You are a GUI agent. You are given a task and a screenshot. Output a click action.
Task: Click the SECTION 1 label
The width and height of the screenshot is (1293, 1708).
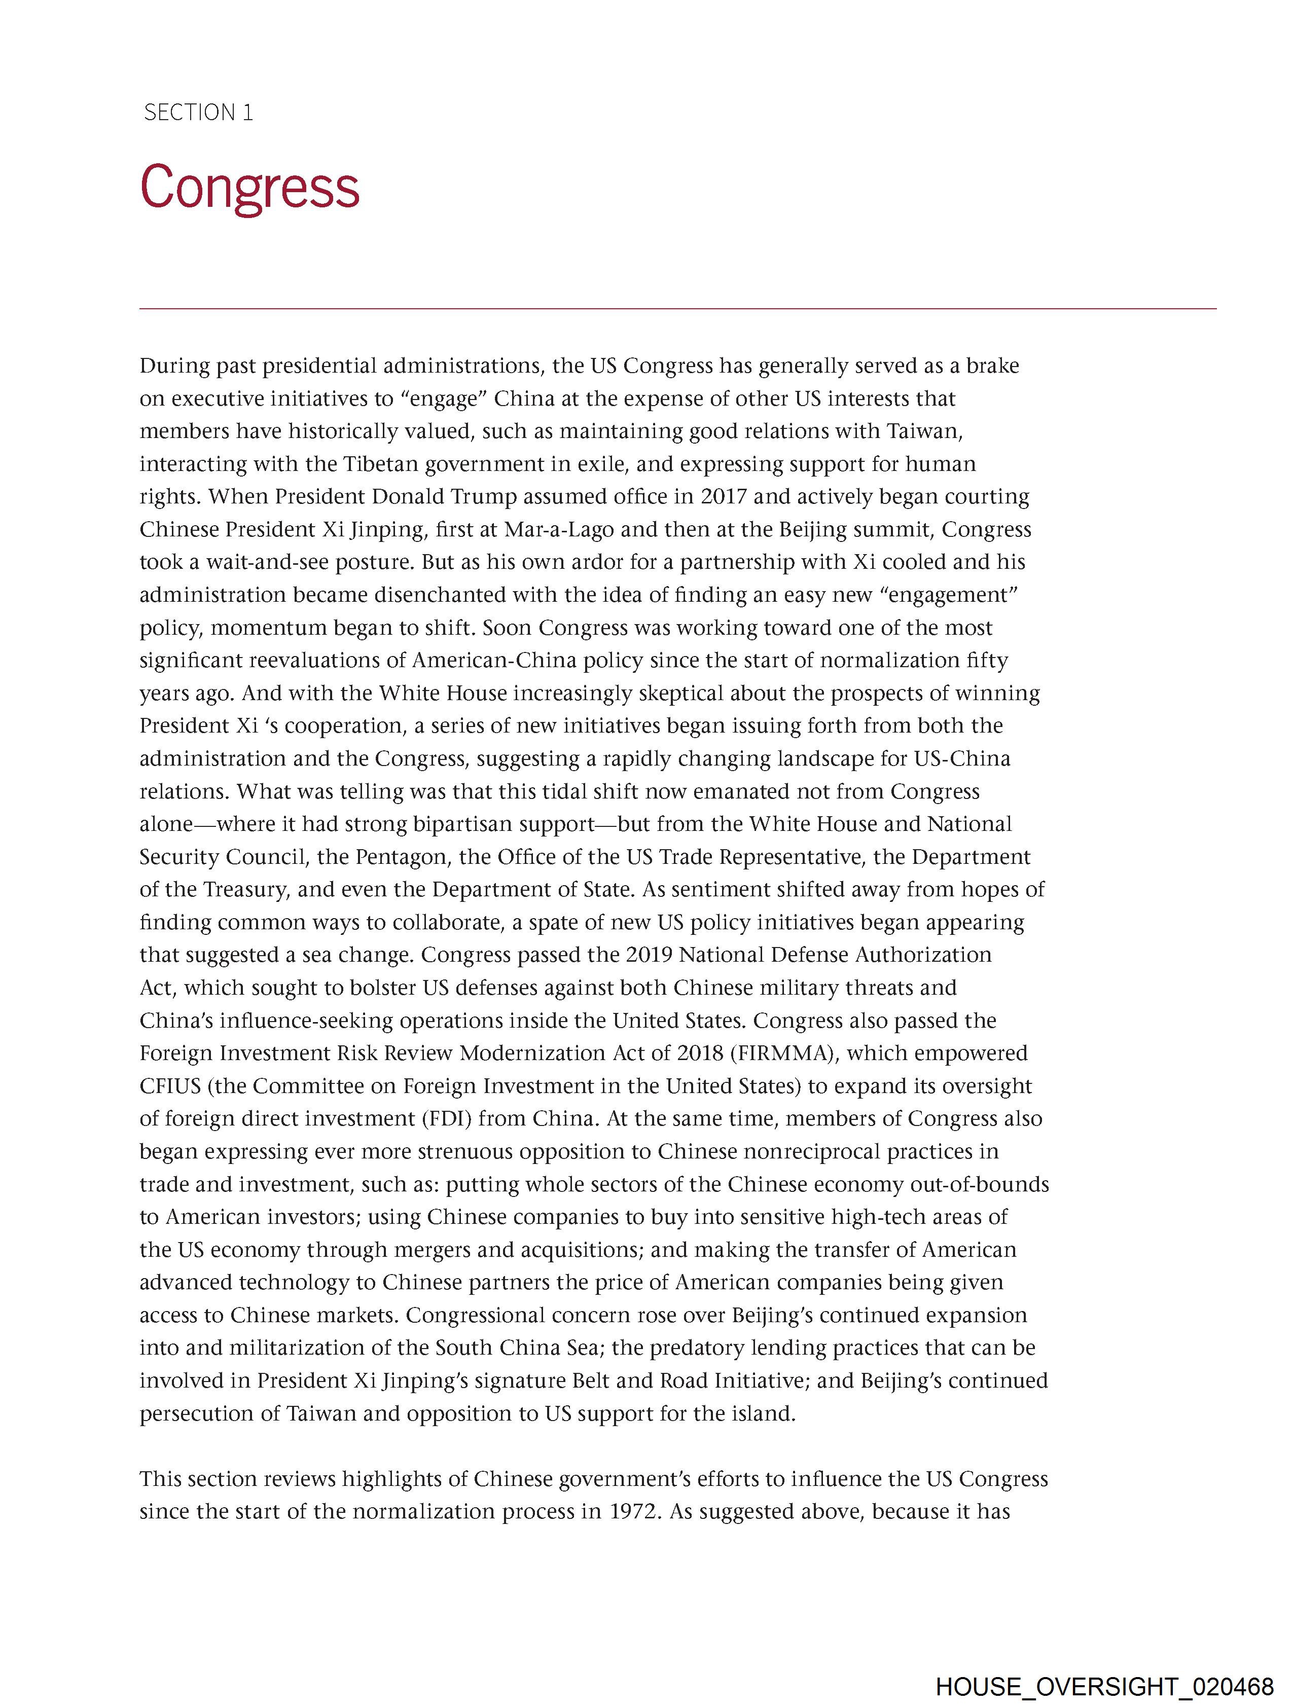[198, 113]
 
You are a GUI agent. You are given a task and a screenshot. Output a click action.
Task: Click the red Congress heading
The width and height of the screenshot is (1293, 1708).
[249, 188]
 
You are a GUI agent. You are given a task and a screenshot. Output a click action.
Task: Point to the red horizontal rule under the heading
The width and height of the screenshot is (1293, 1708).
[677, 309]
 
